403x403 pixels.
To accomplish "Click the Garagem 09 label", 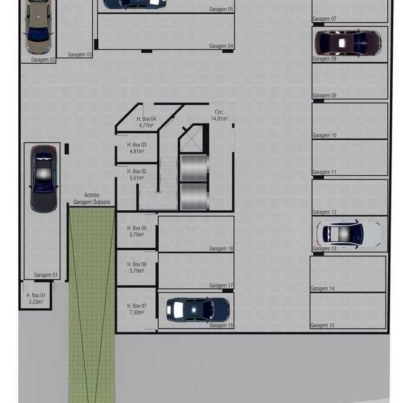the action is pyautogui.click(x=324, y=95).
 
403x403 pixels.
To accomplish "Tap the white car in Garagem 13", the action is pyautogui.click(x=349, y=234).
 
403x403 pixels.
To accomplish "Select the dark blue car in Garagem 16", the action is pyautogui.click(x=198, y=310).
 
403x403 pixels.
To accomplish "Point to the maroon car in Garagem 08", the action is pyautogui.click(x=348, y=43).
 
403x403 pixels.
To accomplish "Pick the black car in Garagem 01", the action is pyautogui.click(x=44, y=179).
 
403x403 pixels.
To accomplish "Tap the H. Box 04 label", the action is pyautogui.click(x=146, y=119).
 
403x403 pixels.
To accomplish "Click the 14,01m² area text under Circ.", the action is pyautogui.click(x=219, y=119).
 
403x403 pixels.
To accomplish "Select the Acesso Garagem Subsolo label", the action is pyautogui.click(x=92, y=199).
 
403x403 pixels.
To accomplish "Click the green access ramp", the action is pyautogui.click(x=92, y=305).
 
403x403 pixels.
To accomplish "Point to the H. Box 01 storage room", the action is pyautogui.click(x=36, y=296).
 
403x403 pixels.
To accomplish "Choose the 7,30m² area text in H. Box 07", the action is pyautogui.click(x=137, y=313).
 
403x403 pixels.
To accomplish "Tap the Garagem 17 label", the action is pyautogui.click(x=221, y=285).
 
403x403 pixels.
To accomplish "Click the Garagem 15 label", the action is pyautogui.click(x=322, y=325).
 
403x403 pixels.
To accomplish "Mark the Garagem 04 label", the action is pyautogui.click(x=221, y=46).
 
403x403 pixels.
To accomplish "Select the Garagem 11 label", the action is pyautogui.click(x=324, y=172).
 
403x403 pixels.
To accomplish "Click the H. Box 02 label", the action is pyautogui.click(x=137, y=171).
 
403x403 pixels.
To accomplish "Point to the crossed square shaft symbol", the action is pyautogui.click(x=192, y=139).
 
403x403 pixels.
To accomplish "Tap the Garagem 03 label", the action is pyautogui.click(x=80, y=55).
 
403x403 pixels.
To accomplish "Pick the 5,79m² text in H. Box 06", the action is pyautogui.click(x=137, y=271).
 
